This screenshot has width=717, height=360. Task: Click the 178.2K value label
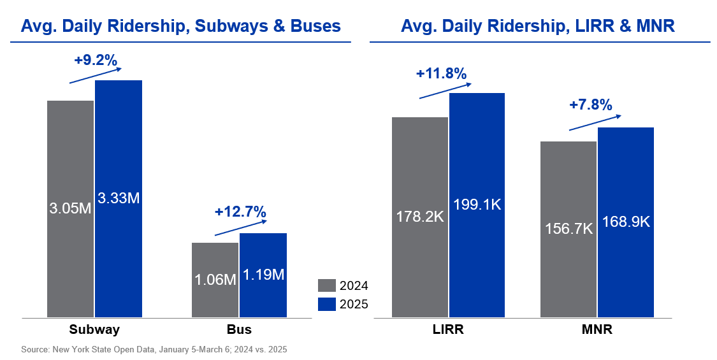(420, 216)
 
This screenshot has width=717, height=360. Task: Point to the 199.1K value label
(477, 205)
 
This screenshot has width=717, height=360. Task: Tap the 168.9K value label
(626, 221)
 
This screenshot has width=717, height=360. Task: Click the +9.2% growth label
(96, 61)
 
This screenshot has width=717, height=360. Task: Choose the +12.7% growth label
(240, 212)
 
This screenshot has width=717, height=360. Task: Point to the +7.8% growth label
(590, 104)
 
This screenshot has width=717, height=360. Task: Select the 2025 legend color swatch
(326, 304)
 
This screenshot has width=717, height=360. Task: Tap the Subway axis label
(95, 329)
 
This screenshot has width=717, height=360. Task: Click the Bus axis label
(239, 329)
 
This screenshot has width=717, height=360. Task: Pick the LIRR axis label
(447, 329)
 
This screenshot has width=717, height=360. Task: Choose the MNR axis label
(597, 329)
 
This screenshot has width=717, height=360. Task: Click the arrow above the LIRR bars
(445, 90)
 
